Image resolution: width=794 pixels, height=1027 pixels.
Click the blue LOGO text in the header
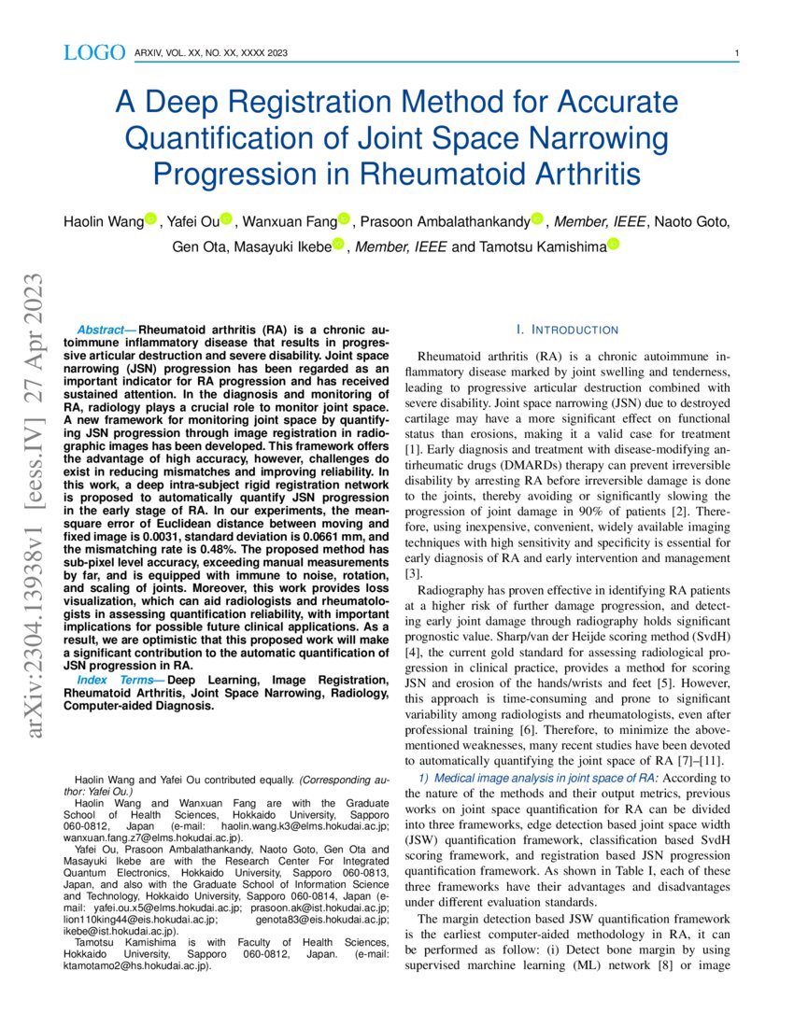pos(93,53)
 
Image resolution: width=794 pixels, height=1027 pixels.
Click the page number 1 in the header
pos(738,53)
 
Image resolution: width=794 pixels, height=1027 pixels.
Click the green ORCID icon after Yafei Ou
pos(227,220)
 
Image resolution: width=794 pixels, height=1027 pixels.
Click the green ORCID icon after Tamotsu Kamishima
pos(614,246)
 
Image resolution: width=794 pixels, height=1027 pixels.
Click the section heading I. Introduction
pos(567,331)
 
